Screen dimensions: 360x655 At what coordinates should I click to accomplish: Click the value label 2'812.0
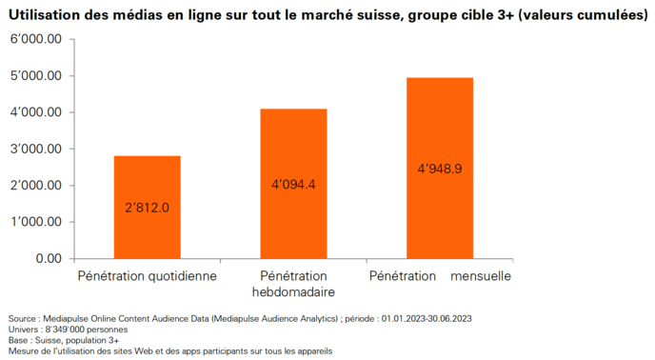pyautogui.click(x=148, y=207)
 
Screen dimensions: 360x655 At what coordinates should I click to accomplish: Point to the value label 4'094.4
pyautogui.click(x=293, y=184)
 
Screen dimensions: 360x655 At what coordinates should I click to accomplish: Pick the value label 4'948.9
pyautogui.click(x=439, y=169)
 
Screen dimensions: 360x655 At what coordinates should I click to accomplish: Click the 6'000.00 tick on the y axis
pyautogui.click(x=36, y=39)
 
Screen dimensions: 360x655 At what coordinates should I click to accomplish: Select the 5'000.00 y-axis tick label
pyautogui.click(x=36, y=76)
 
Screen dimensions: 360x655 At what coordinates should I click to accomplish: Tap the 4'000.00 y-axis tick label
pyautogui.click(x=36, y=112)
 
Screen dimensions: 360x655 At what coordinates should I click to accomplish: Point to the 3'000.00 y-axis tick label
pyautogui.click(x=36, y=149)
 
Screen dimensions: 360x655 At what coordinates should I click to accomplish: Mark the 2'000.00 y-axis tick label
pyautogui.click(x=36, y=185)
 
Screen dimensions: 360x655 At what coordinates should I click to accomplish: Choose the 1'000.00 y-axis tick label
pyautogui.click(x=36, y=222)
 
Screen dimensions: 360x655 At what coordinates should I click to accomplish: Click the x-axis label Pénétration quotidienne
pyautogui.click(x=148, y=276)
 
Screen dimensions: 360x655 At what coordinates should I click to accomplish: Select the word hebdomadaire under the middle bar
pyautogui.click(x=293, y=291)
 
